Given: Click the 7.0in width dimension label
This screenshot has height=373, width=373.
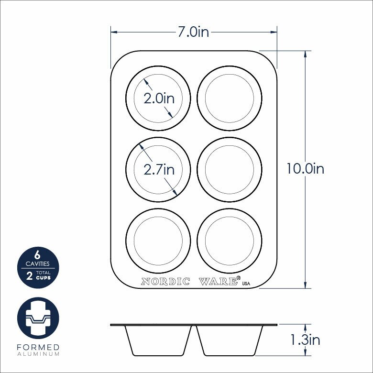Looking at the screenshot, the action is pos(193,32).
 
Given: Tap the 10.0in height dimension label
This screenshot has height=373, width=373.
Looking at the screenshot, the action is pos(306,169).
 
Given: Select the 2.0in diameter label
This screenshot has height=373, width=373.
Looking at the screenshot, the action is pos(159,98).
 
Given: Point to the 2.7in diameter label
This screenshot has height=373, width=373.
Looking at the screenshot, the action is pos(159,169).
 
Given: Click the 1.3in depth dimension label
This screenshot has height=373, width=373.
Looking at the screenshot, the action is pos(305,340).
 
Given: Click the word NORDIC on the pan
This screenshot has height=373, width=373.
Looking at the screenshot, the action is pos(165,281).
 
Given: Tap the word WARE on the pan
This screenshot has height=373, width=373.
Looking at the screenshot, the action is pos(218,281).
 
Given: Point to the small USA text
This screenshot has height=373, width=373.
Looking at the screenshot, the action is pos(246,284).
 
